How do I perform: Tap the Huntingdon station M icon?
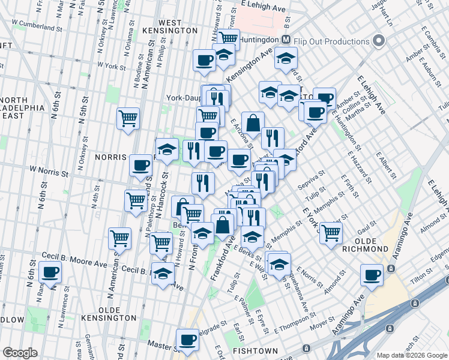click(286, 40)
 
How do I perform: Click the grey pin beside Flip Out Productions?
click(378, 41)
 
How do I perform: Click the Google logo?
click(20, 352)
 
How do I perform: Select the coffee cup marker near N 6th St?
click(50, 272)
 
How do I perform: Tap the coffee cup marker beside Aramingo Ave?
click(372, 275)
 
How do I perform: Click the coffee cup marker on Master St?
click(187, 340)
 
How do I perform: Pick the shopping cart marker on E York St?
click(331, 233)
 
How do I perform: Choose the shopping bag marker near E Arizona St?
click(253, 122)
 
